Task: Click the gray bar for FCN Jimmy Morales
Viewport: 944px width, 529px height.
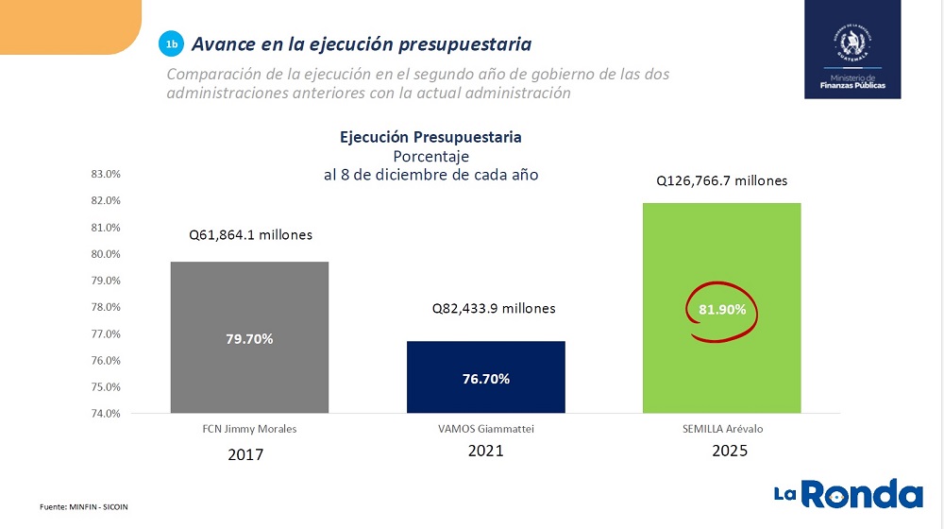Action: click(249, 302)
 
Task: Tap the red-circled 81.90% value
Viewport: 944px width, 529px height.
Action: click(724, 310)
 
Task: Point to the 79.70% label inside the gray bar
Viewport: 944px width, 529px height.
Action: click(249, 338)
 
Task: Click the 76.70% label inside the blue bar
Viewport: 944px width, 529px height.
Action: click(486, 379)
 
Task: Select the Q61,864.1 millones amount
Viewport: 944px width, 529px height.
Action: click(249, 235)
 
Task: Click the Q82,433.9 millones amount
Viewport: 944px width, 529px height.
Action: click(494, 309)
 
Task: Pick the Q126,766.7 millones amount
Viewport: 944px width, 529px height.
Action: click(722, 181)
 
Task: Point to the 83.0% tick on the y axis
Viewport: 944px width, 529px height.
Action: click(107, 174)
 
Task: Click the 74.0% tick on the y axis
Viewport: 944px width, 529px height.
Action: click(107, 414)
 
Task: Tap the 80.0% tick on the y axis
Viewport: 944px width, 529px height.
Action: click(107, 254)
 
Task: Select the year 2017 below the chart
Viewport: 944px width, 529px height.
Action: click(245, 454)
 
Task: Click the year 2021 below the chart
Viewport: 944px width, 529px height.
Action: click(486, 451)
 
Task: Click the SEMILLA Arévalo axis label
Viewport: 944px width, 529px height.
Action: click(724, 429)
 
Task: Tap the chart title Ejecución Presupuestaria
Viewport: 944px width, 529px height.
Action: click(430, 137)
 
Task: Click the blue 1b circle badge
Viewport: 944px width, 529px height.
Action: click(171, 44)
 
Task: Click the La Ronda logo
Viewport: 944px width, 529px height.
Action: click(848, 494)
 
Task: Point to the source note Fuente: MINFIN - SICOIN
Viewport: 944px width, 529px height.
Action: click(83, 507)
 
